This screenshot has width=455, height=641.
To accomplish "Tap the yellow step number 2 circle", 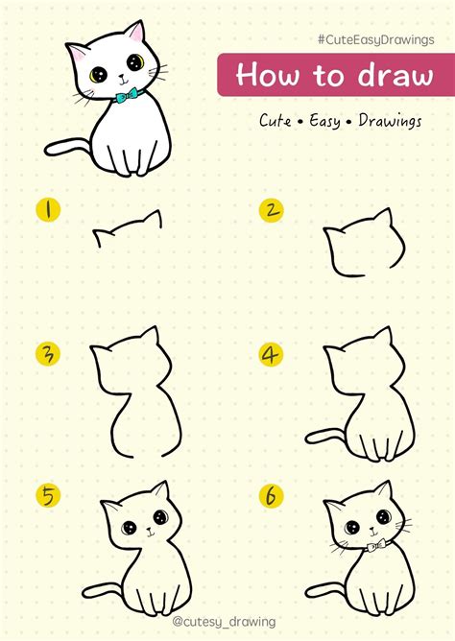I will pyautogui.click(x=273, y=209).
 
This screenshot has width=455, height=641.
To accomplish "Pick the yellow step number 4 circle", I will pyautogui.click(x=272, y=354).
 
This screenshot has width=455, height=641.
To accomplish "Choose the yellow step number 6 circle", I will pyautogui.click(x=272, y=496).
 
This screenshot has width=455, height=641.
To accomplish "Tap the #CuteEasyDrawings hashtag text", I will pyautogui.click(x=378, y=38).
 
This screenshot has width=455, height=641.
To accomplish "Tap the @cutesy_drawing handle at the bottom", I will pyautogui.click(x=227, y=622).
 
